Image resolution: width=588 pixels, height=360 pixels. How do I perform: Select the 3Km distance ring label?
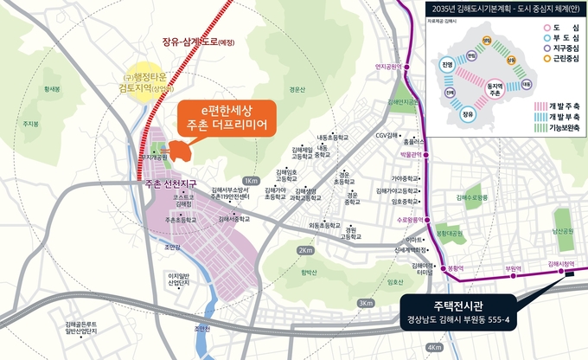(x=366, y=303)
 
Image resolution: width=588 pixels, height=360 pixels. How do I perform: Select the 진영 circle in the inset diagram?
(x=446, y=66)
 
